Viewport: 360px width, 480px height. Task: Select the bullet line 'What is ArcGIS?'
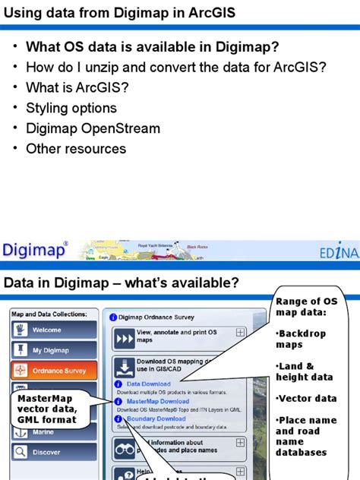[x=77, y=87]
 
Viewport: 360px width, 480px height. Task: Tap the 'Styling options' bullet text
[x=71, y=108]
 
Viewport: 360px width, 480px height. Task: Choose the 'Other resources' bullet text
[x=76, y=149]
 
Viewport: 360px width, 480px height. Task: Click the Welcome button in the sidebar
[x=53, y=330]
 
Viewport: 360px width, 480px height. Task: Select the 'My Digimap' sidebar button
[x=53, y=350]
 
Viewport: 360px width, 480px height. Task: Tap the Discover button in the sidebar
[x=53, y=452]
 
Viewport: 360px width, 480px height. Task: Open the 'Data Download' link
[x=148, y=384]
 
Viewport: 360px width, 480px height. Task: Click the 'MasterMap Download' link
[x=158, y=401]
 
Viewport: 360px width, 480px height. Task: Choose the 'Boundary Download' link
[x=156, y=418]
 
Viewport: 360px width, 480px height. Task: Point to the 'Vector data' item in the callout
[x=305, y=398]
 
